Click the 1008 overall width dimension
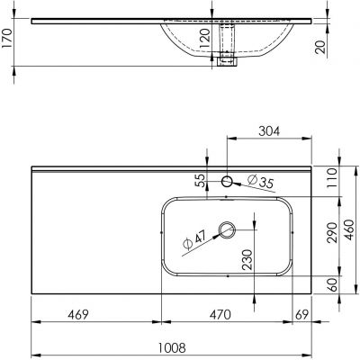tap(173, 345)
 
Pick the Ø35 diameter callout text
tap(260, 185)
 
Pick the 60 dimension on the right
tap(332, 285)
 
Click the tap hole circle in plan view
tap(226, 183)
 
